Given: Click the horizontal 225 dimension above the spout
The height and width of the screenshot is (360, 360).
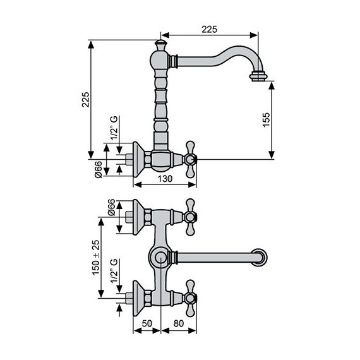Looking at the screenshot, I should pos(210,28).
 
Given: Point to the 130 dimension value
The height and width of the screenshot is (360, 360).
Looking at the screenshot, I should pos(164,179).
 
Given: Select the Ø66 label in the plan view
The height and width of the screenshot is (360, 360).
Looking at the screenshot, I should pos(111,208).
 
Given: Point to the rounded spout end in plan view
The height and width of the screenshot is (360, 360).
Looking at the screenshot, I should pos(259,258).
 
